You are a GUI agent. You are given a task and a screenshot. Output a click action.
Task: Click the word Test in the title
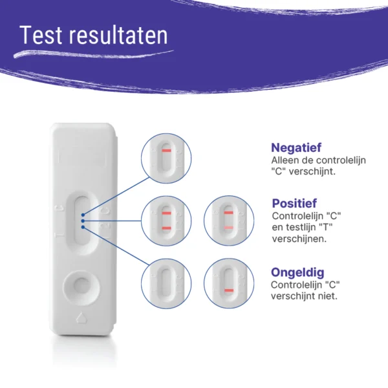click(41, 35)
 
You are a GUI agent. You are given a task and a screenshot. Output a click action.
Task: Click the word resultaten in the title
click(118, 35)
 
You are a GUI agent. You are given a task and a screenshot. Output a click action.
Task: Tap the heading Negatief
click(296, 147)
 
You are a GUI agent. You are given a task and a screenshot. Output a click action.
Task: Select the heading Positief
click(294, 204)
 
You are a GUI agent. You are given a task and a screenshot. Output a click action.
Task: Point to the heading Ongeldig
click(297, 272)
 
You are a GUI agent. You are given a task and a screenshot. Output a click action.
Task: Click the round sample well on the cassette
click(81, 288)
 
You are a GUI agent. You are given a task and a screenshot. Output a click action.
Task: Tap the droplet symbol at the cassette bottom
click(81, 318)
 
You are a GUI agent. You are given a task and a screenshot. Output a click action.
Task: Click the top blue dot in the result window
click(83, 215)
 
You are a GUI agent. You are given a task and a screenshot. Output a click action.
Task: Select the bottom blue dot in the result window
click(83, 227)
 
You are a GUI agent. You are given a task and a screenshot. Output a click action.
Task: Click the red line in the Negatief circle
click(167, 151)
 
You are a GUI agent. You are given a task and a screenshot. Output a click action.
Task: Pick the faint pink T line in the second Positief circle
click(229, 228)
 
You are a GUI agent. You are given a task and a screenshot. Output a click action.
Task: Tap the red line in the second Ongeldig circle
click(229, 290)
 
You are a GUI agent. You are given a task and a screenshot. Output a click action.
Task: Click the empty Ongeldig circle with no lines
click(166, 284)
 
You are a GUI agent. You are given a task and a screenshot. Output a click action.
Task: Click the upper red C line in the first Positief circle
click(167, 213)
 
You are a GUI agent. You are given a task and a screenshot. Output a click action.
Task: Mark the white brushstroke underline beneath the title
click(94, 54)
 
